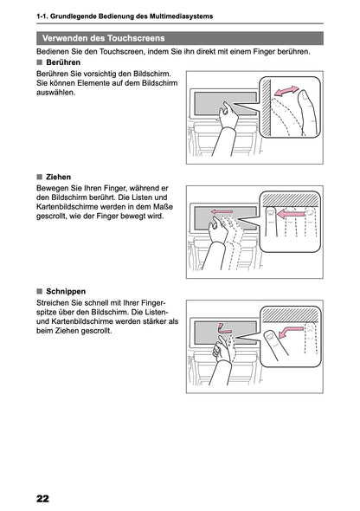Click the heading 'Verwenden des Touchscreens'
(104, 38)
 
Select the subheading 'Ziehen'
(59, 177)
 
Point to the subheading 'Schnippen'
(67, 291)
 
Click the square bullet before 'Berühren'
(40, 63)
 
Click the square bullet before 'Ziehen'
(40, 177)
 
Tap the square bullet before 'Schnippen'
(40, 291)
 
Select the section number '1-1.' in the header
(36, 17)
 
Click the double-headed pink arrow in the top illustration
(286, 91)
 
